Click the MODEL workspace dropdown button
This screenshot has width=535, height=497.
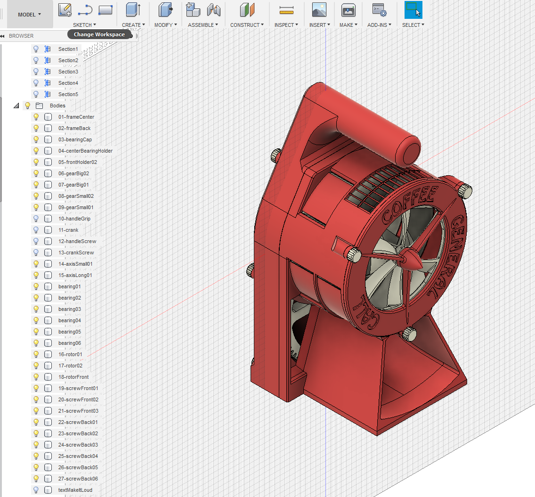30,14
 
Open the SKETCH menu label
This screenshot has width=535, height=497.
84,25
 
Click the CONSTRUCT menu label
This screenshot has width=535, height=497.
247,25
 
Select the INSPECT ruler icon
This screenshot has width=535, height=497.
286,10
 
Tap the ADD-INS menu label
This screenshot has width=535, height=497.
379,25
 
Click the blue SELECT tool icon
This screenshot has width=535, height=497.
413,9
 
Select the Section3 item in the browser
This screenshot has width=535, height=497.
68,72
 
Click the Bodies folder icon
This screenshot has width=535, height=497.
39,106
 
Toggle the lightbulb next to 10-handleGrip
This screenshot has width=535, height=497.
36,219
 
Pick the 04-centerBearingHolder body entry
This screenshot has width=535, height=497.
85,151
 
